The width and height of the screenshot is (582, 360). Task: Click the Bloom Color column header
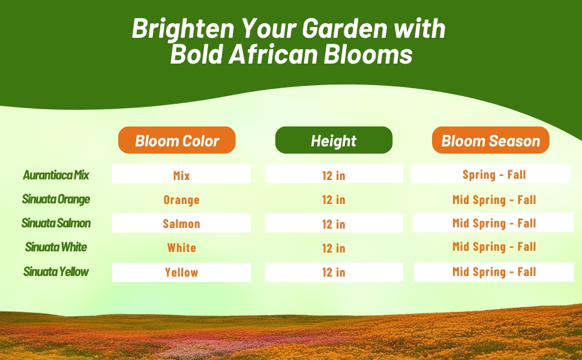point(177,140)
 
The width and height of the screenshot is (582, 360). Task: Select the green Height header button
point(334,140)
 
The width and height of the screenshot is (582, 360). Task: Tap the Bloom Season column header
point(491,140)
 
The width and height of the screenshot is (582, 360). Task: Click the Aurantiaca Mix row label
point(56,175)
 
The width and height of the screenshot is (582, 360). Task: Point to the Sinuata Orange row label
point(56,199)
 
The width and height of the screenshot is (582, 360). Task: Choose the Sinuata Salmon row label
point(56,223)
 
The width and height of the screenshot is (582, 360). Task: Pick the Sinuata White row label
point(56,247)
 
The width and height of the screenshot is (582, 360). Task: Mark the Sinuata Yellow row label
point(56,272)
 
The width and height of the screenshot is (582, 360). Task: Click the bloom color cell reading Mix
point(181,175)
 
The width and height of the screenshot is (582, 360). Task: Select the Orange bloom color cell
point(181,200)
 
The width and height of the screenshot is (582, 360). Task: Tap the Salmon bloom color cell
point(181,224)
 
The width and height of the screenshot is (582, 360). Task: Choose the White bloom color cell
point(181,248)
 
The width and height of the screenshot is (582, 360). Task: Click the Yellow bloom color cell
point(181,272)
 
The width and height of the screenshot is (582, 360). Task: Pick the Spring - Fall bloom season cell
point(494,175)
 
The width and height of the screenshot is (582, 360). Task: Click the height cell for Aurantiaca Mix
point(334,175)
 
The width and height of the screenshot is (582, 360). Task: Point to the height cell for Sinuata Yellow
point(334,272)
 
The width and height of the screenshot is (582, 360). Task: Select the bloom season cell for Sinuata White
point(494,247)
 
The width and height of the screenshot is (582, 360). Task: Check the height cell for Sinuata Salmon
point(334,224)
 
